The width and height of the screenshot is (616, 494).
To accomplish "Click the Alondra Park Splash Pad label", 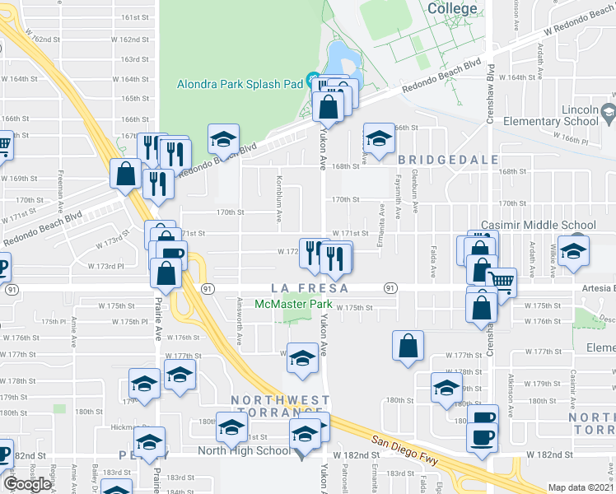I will click(239, 83).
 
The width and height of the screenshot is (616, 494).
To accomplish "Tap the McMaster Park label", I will click(288, 304).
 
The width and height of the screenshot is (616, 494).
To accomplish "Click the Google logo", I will click(28, 483).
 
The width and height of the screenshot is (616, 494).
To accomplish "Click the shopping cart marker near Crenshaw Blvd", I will click(502, 282).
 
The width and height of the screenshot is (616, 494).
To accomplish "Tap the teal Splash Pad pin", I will click(313, 81).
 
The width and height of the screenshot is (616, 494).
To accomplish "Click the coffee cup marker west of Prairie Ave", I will click(2, 267).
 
